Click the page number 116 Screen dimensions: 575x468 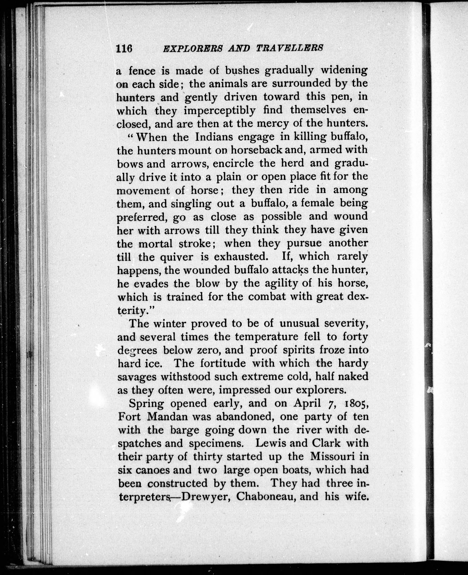tap(124, 49)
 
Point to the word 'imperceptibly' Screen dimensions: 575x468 tap(220, 110)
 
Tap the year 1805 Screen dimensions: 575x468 tap(356, 404)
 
